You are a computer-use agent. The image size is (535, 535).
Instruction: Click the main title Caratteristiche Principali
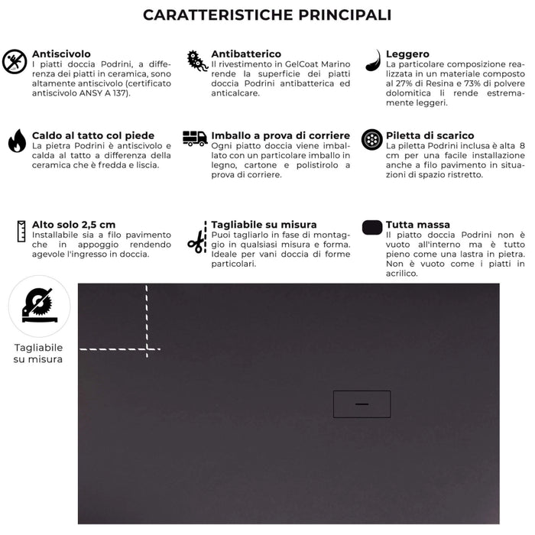click(267, 15)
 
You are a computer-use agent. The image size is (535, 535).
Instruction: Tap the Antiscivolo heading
click(61, 54)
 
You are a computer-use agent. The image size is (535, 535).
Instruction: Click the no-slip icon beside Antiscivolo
click(15, 62)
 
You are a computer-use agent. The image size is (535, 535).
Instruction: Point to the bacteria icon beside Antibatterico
click(196, 61)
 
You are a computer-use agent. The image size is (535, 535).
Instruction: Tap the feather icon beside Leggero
click(372, 60)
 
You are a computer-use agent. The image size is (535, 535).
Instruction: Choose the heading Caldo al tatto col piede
click(92, 135)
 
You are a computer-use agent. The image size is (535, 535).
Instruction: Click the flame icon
click(16, 141)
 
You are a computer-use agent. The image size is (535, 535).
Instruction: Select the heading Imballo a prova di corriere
click(280, 135)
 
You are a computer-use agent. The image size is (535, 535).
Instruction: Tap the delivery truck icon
click(195, 138)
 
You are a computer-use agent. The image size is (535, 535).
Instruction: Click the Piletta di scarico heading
click(430, 135)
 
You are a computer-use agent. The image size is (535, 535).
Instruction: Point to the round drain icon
click(372, 139)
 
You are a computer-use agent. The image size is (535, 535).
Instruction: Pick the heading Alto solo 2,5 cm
click(74, 224)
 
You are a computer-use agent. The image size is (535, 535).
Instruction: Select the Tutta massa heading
click(418, 225)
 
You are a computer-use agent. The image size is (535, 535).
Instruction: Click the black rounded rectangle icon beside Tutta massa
click(372, 227)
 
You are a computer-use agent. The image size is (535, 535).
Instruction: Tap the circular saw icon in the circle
click(38, 306)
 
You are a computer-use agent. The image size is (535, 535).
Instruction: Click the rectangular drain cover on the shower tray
click(362, 404)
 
